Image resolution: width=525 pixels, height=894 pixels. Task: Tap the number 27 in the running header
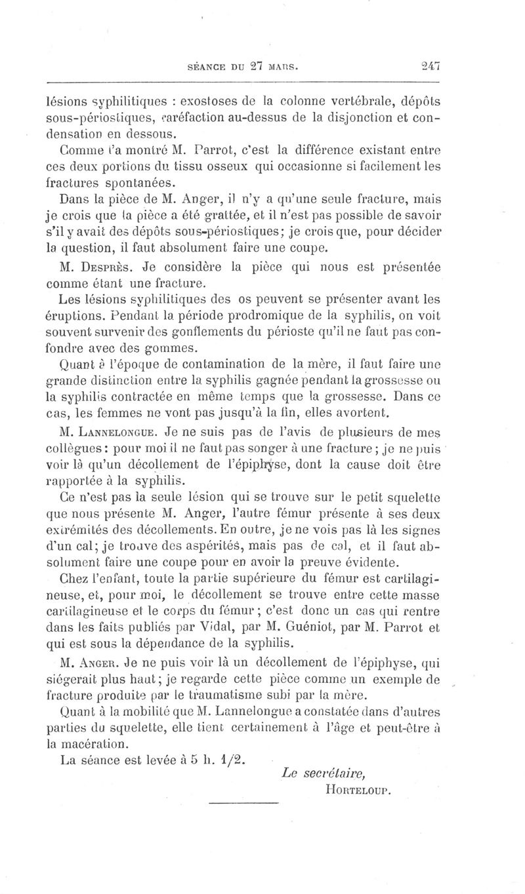click(x=255, y=66)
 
